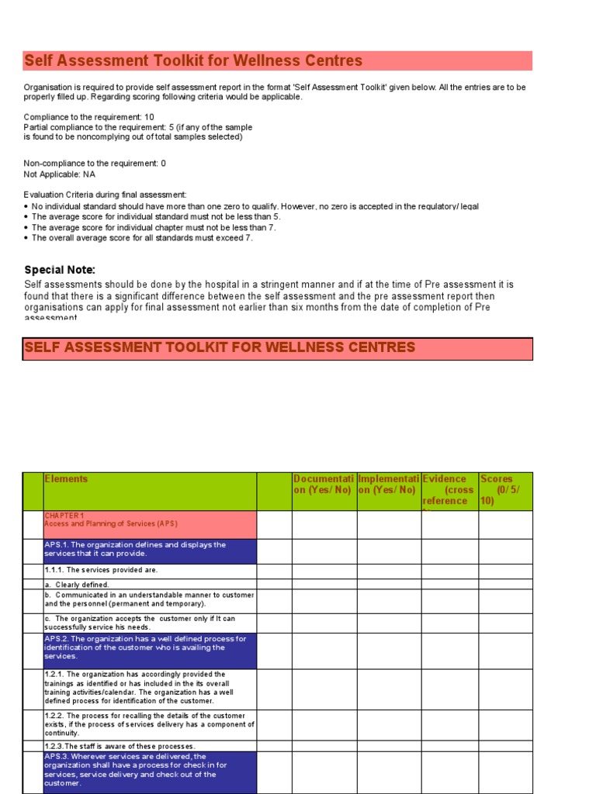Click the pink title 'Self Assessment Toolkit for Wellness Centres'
coord(194,61)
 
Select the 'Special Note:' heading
coord(60,270)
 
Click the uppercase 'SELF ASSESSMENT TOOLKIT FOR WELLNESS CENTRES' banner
coord(220,348)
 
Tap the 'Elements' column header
coord(67,480)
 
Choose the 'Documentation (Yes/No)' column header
coord(324,485)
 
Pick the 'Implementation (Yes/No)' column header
coord(388,485)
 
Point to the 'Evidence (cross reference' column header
coord(449,490)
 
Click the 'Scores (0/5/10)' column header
coord(504,490)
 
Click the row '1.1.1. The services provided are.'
coord(101,571)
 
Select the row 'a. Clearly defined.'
coord(78,585)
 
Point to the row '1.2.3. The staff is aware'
coord(120,746)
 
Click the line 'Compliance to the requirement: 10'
coord(89,117)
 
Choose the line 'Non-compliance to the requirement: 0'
coord(95,164)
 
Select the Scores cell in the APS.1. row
coord(505,551)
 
